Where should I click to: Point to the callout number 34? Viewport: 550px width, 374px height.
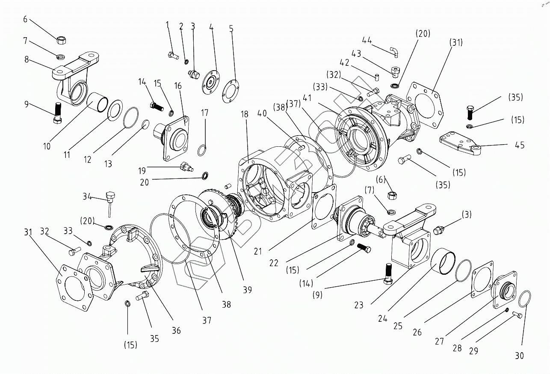point(87,196)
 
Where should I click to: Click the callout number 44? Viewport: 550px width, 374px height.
point(367,41)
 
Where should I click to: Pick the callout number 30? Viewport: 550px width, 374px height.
point(519,356)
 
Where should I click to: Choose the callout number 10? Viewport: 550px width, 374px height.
point(47,146)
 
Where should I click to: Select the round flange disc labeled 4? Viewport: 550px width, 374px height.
point(210,83)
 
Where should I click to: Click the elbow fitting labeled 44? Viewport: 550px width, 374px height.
point(394,52)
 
